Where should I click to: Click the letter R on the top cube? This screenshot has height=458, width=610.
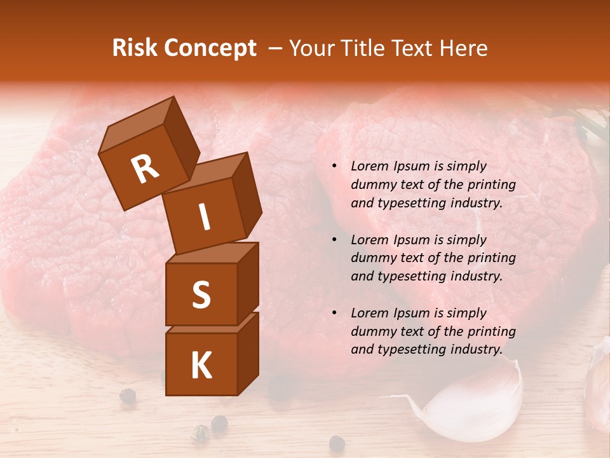pyautogui.click(x=145, y=169)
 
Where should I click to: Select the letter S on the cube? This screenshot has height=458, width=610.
pyautogui.click(x=201, y=295)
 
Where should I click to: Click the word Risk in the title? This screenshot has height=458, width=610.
pyautogui.click(x=135, y=48)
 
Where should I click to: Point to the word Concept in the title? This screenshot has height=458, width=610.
pyautogui.click(x=210, y=49)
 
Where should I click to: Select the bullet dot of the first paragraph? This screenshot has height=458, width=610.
pyautogui.click(x=334, y=167)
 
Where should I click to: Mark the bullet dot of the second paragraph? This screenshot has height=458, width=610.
pyautogui.click(x=334, y=240)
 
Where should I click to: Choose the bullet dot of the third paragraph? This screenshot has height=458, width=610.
pyautogui.click(x=334, y=313)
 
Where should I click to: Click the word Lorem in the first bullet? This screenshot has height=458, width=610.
pyautogui.click(x=369, y=166)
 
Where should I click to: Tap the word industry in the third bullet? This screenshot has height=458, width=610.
pyautogui.click(x=476, y=349)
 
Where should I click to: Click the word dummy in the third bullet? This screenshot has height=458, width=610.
pyautogui.click(x=372, y=331)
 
